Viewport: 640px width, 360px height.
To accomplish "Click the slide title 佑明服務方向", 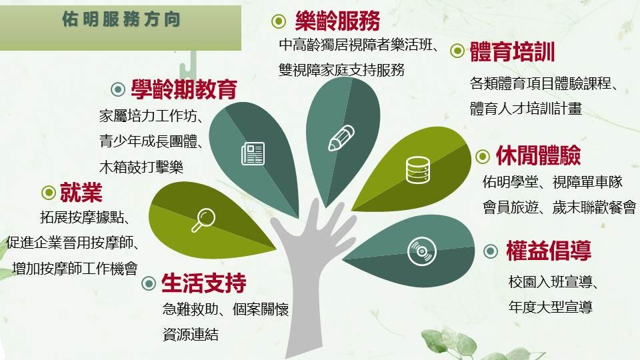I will pos(121,20).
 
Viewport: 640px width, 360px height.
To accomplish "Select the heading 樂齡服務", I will pos(337,22).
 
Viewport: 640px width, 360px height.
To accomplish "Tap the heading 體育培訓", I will pos(513,51).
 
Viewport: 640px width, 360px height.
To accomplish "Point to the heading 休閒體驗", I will pos(538,156).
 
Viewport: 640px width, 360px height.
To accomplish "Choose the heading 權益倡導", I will pos(549,251).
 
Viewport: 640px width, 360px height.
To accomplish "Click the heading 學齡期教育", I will pos(184,89).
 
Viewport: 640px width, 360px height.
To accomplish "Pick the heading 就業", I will pos(81,193).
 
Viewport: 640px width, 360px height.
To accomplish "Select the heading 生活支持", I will pos(203,283).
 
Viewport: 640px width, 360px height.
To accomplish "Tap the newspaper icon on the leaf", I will pos(253,153).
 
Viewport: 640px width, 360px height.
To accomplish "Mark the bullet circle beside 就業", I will pos(49,193).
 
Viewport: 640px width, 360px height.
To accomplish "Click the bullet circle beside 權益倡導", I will pos(491,251).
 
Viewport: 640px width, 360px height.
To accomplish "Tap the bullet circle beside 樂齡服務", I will pos(279,22).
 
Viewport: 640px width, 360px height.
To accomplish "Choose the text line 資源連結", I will pos(190,334).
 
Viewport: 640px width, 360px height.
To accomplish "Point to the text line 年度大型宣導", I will pos(550,307).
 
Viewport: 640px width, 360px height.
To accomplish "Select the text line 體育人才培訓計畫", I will pos(526,109).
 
